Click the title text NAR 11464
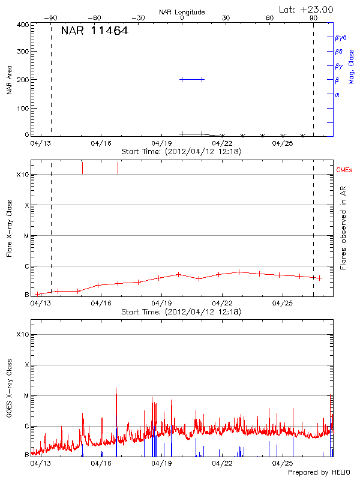94,31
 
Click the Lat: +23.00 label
307,9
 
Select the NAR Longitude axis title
182,12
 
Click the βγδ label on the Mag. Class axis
340,37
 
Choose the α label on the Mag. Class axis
337,94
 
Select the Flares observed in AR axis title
343,227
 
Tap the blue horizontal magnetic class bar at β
192,79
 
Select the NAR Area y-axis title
10,79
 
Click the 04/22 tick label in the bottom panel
222,463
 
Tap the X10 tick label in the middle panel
22,175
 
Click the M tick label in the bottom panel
26,396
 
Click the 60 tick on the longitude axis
270,19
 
